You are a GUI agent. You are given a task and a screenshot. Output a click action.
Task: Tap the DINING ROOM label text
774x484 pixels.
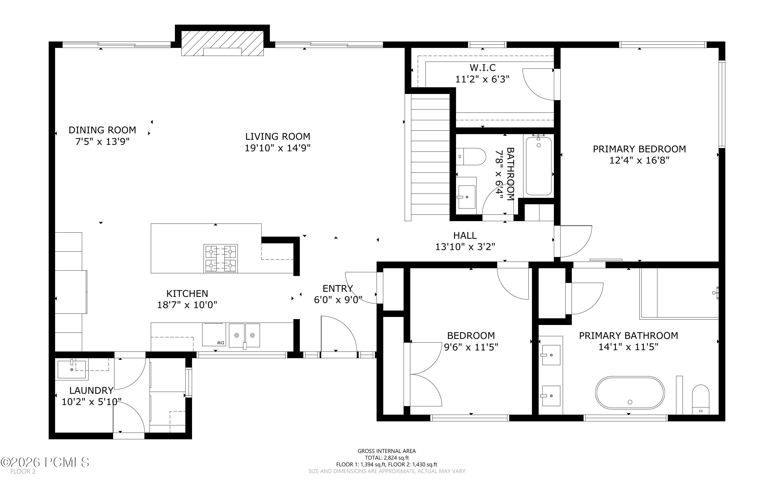(102, 130)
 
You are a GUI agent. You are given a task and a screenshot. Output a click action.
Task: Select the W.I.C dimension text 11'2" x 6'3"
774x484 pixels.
(482, 79)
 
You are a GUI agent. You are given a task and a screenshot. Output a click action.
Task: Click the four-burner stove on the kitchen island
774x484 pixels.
(221, 258)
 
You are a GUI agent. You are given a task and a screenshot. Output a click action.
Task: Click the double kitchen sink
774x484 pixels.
(244, 335)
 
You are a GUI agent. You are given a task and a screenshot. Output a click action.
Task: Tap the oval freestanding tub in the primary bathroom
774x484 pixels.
(630, 393)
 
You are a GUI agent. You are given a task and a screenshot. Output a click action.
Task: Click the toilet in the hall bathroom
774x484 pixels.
(471, 157)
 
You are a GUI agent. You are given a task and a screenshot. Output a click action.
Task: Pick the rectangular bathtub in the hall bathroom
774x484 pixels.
(539, 165)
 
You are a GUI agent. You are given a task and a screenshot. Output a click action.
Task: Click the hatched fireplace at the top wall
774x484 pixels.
(223, 44)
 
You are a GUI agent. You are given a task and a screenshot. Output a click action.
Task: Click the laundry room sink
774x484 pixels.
(72, 370)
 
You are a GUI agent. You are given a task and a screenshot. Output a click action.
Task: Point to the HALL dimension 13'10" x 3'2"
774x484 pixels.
(465, 247)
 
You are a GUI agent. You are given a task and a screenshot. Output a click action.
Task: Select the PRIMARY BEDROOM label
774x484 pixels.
(639, 149)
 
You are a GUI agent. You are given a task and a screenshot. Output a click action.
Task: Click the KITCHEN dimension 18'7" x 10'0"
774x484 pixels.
(187, 305)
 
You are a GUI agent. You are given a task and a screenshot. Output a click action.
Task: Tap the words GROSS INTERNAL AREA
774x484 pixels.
(386, 451)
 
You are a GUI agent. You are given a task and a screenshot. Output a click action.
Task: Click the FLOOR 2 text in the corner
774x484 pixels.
(23, 471)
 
